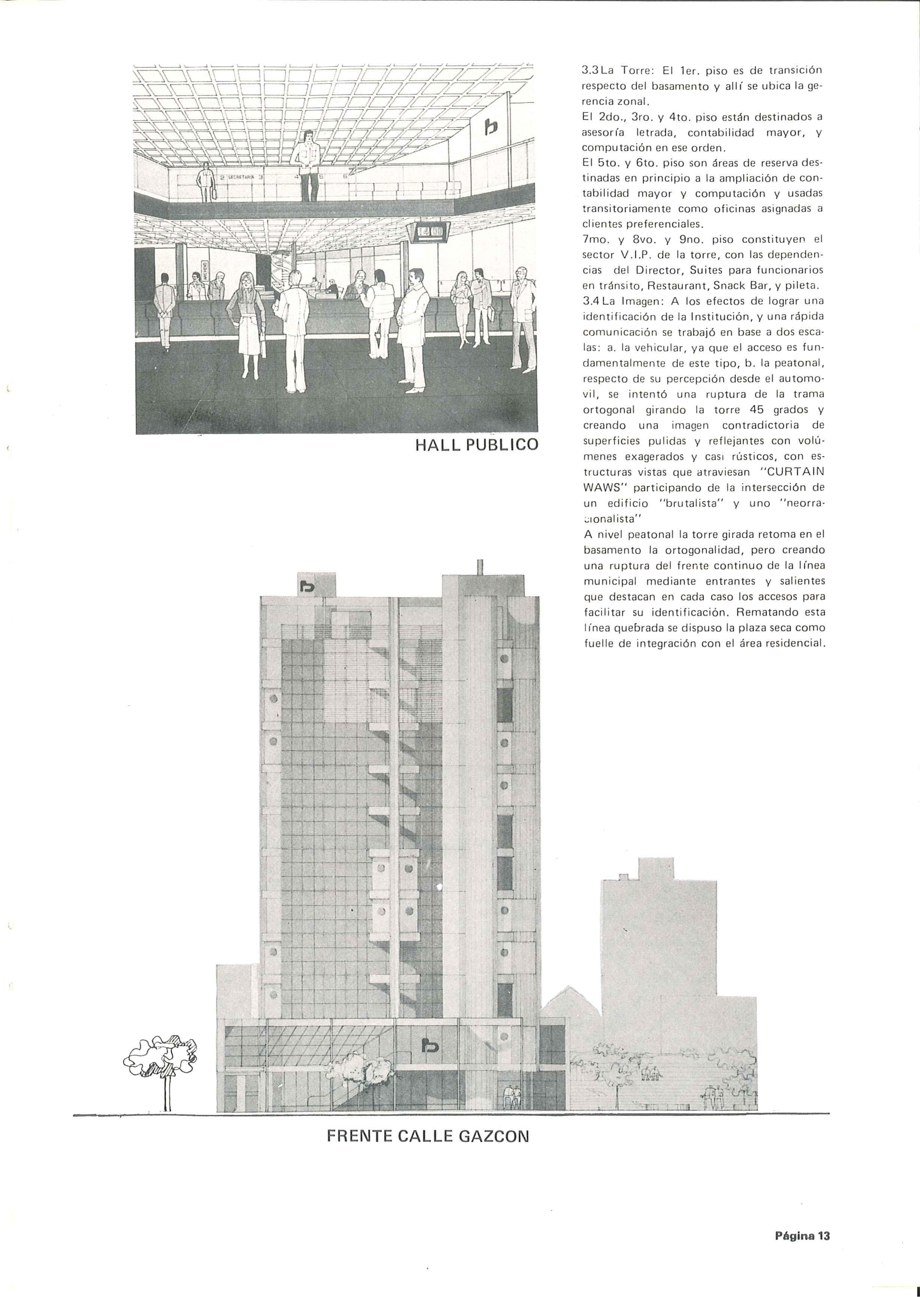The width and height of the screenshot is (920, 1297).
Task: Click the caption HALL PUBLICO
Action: pos(476,445)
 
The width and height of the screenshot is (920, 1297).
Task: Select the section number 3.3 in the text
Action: pos(591,72)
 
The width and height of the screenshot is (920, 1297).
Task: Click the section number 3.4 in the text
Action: pos(591,301)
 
